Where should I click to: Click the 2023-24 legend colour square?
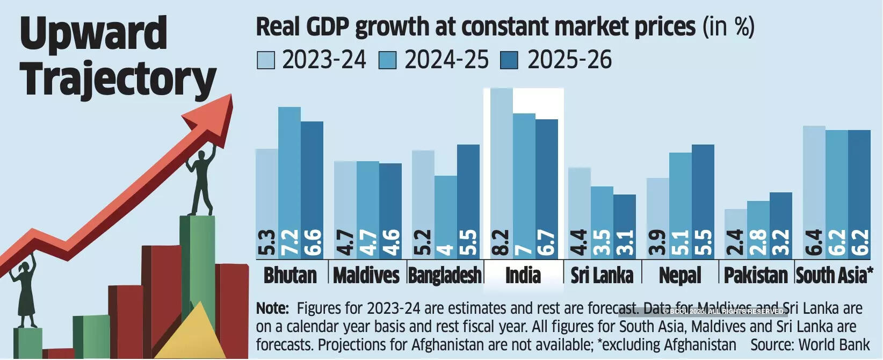click(266, 60)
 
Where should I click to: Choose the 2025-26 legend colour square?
click(509, 60)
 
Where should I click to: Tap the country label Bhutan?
click(290, 275)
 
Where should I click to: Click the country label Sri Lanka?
click(602, 275)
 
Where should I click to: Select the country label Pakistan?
click(756, 275)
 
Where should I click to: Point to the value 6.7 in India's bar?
click(547, 243)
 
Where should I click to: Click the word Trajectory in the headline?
click(118, 79)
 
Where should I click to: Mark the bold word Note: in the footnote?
click(272, 308)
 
